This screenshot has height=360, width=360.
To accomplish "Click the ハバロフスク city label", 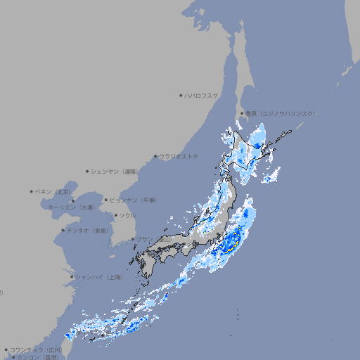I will coord(202,95).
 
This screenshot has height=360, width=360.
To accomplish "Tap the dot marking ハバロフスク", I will coord(181,95).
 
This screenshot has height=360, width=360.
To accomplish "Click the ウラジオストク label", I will coord(179,156).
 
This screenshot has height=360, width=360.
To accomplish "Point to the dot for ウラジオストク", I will coord(155,157).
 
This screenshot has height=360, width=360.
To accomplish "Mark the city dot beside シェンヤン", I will coord(88,171).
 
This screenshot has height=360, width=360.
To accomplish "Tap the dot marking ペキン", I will coord(32,191).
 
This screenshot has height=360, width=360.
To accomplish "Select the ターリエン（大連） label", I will coord(70,207).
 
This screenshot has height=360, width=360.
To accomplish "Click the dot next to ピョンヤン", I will coord(107,200).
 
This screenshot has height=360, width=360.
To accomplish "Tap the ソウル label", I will coord(127,215).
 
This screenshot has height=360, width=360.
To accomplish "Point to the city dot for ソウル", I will coord(115,215).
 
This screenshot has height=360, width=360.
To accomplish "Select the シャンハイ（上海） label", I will coord(99,277).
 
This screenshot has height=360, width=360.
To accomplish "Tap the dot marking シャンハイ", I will coord(72,277).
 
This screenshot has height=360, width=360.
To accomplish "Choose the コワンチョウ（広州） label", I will coord(36,349).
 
